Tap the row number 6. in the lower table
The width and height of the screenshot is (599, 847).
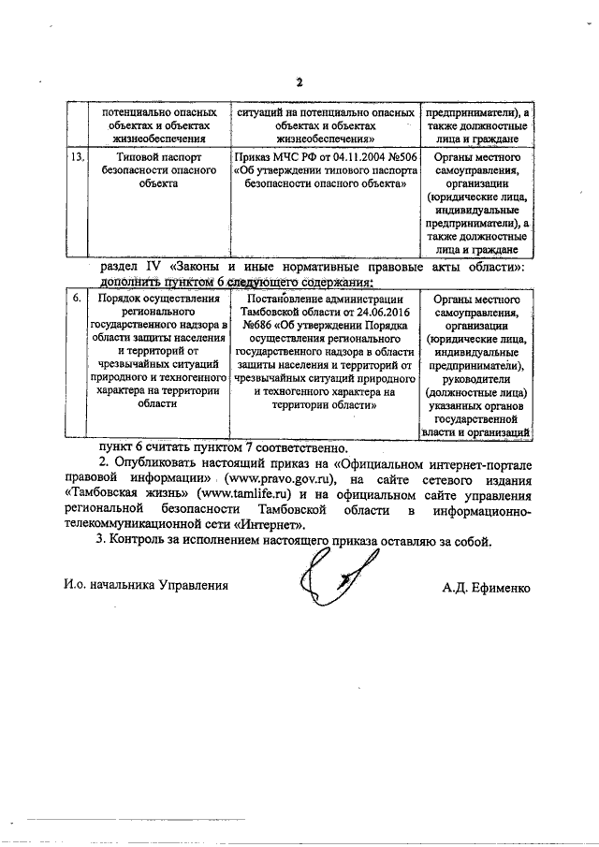coord(80,299)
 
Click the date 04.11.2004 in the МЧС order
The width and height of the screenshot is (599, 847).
coord(342,158)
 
